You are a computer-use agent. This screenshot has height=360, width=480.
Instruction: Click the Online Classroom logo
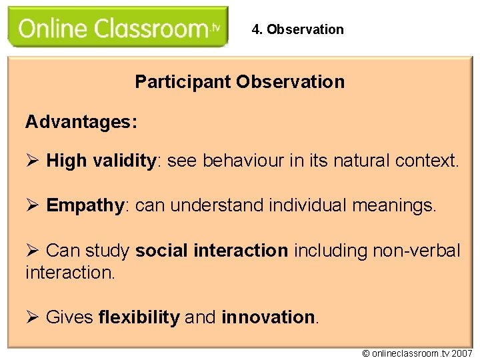[118, 28]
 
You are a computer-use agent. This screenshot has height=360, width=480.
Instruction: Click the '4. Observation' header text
[297, 29]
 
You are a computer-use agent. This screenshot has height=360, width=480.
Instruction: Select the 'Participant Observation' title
[239, 82]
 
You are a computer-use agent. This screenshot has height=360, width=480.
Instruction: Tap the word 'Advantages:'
[81, 122]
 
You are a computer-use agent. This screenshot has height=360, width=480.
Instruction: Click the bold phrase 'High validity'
[101, 161]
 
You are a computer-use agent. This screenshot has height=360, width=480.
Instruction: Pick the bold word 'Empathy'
[85, 206]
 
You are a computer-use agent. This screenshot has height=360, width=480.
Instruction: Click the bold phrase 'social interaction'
[211, 251]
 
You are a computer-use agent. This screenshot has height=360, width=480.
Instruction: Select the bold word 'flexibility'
[139, 317]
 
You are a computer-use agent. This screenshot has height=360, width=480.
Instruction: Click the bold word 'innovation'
[268, 317]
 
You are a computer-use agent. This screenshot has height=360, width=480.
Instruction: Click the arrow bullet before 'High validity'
[33, 161]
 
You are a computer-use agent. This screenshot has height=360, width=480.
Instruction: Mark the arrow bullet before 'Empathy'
[33, 206]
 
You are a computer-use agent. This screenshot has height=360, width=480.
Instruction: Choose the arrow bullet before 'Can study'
[33, 251]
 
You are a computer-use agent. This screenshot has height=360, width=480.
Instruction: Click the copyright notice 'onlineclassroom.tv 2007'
[417, 353]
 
